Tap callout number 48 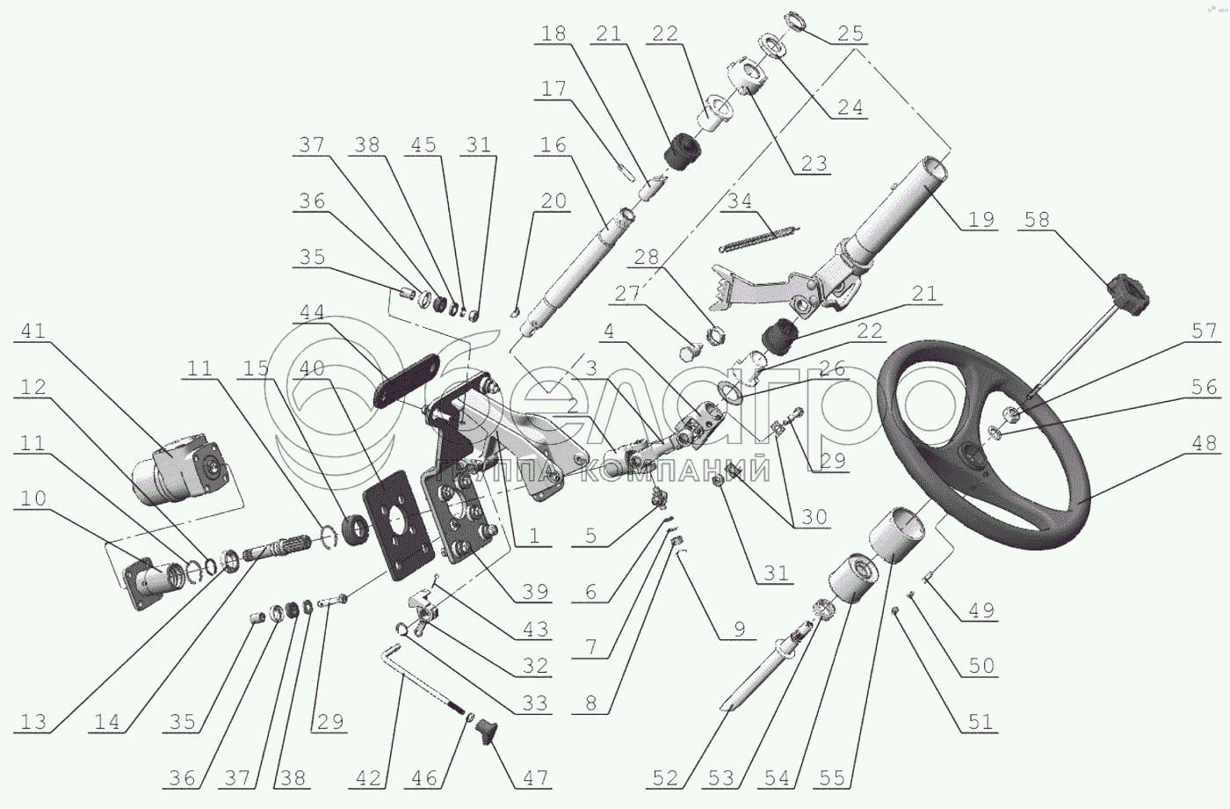(1205, 442)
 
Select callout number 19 (981, 219)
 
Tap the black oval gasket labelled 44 (407, 380)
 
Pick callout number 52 (665, 778)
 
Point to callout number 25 (850, 33)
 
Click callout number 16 (553, 144)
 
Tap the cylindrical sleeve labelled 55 (895, 536)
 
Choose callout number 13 (33, 722)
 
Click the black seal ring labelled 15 (358, 529)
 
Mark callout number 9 (740, 629)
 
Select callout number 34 (739, 200)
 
